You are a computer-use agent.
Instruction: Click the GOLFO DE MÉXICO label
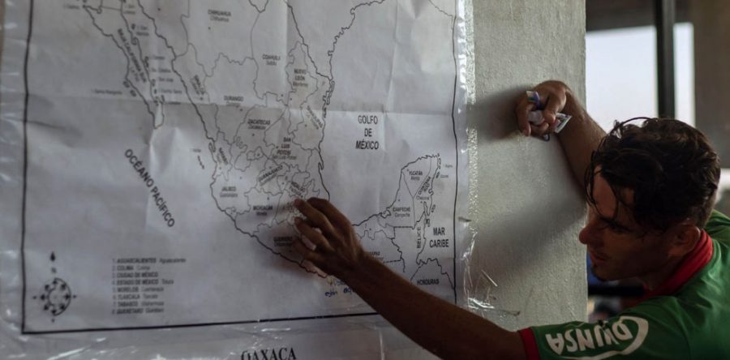point(367,132)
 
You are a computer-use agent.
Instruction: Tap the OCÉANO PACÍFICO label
point(149,187)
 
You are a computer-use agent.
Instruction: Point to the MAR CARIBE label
point(439,237)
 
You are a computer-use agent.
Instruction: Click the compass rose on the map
point(55,294)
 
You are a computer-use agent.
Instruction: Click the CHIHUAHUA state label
point(219,14)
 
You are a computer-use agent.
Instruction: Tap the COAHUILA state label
point(271,58)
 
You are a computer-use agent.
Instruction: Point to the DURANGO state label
point(234,99)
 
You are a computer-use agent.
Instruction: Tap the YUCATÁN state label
point(415,174)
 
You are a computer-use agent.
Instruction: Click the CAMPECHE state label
point(401,209)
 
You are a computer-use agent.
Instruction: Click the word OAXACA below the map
point(268,354)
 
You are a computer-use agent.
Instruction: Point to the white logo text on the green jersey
point(596,335)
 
